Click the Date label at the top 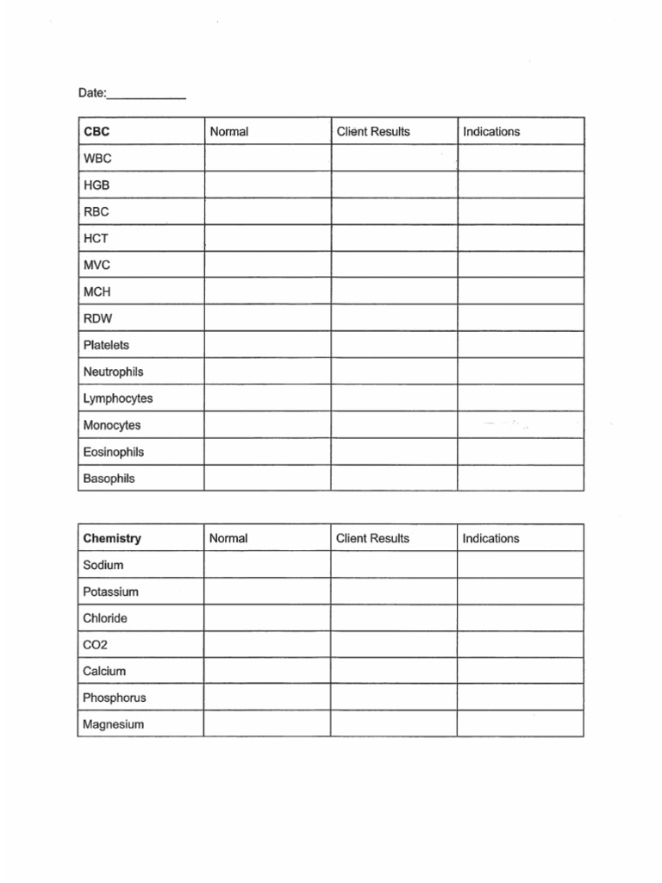(91, 93)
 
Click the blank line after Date (147, 95)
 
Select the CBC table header (97, 132)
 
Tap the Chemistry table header (112, 538)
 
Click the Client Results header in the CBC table (372, 132)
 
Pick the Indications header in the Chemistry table (490, 538)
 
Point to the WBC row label (97, 159)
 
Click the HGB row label (97, 185)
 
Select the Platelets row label (106, 345)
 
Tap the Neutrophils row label (113, 372)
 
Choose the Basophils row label (109, 479)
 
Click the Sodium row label (103, 565)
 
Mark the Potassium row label (110, 592)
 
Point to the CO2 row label (95, 645)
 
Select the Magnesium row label (113, 724)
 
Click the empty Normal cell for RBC (267, 212)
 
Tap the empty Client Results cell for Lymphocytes (394, 398)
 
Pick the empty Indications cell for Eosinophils (521, 452)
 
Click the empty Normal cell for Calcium (267, 671)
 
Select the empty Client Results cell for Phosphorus (394, 698)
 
